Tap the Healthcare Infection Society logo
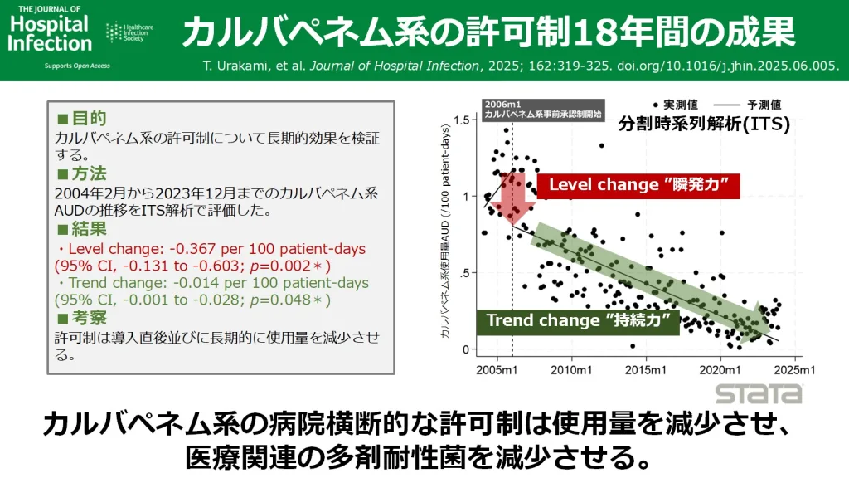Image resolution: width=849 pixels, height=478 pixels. [x=129, y=32]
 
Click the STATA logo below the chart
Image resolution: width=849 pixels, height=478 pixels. [x=759, y=393]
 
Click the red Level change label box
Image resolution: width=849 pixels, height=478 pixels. [x=637, y=184]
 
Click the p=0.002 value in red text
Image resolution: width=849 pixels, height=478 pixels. [x=290, y=266]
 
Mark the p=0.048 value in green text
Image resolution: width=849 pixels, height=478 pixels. [x=290, y=300]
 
